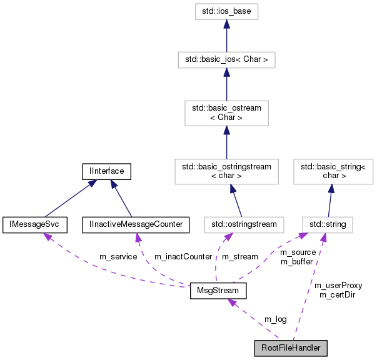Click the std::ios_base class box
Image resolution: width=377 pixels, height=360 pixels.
coord(226,11)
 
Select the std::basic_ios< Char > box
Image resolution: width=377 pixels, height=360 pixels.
coord(226,60)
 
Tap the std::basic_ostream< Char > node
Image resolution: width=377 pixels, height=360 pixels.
coord(226,112)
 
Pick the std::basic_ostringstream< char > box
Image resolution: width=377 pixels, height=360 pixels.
coord(226,171)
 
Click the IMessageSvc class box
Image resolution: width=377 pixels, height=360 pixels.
coord(31,223)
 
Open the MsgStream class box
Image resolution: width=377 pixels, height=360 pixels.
coord(218,291)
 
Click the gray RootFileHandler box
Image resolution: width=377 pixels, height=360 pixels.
coord(291,347)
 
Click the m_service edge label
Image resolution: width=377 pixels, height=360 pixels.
coord(119,257)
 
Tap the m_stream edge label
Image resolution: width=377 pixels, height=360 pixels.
coord(240,257)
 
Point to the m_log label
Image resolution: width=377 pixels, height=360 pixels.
coord(275,319)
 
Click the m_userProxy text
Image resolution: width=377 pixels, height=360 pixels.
coord(338,286)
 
